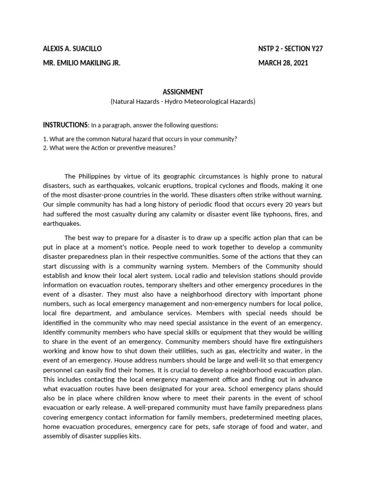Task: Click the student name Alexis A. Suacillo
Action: tap(72, 49)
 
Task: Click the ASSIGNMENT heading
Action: tap(183, 92)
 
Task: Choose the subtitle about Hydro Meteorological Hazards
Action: tap(183, 102)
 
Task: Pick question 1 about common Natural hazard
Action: tap(140, 139)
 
